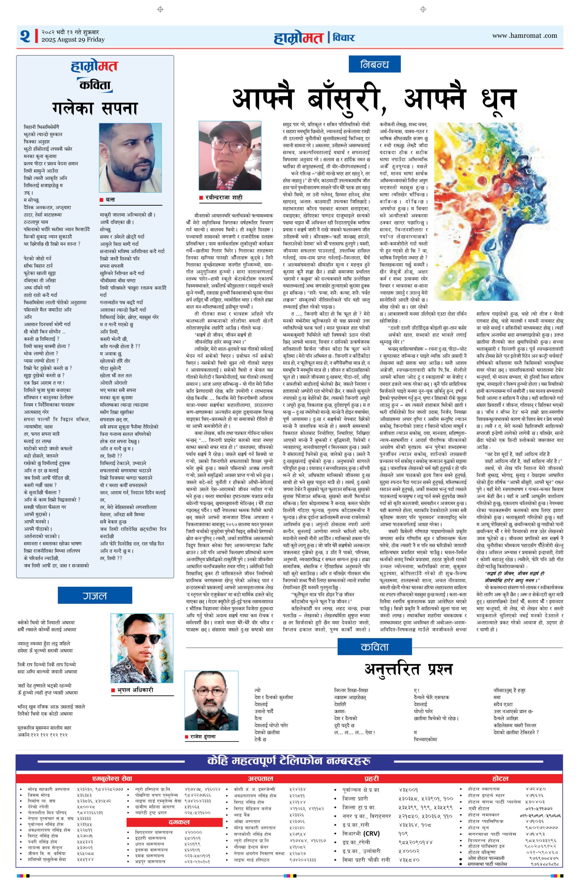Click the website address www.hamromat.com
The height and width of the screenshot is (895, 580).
click(524, 36)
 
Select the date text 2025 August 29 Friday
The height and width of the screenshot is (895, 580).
click(73, 40)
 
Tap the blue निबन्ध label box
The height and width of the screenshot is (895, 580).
click(374, 64)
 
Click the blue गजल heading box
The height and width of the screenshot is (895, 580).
click(95, 596)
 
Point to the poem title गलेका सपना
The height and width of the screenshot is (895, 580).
click(95, 109)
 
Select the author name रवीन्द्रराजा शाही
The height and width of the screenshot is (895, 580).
click(224, 198)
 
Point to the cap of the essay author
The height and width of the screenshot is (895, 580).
click(229, 133)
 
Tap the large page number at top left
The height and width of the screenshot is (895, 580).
click(25, 36)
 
